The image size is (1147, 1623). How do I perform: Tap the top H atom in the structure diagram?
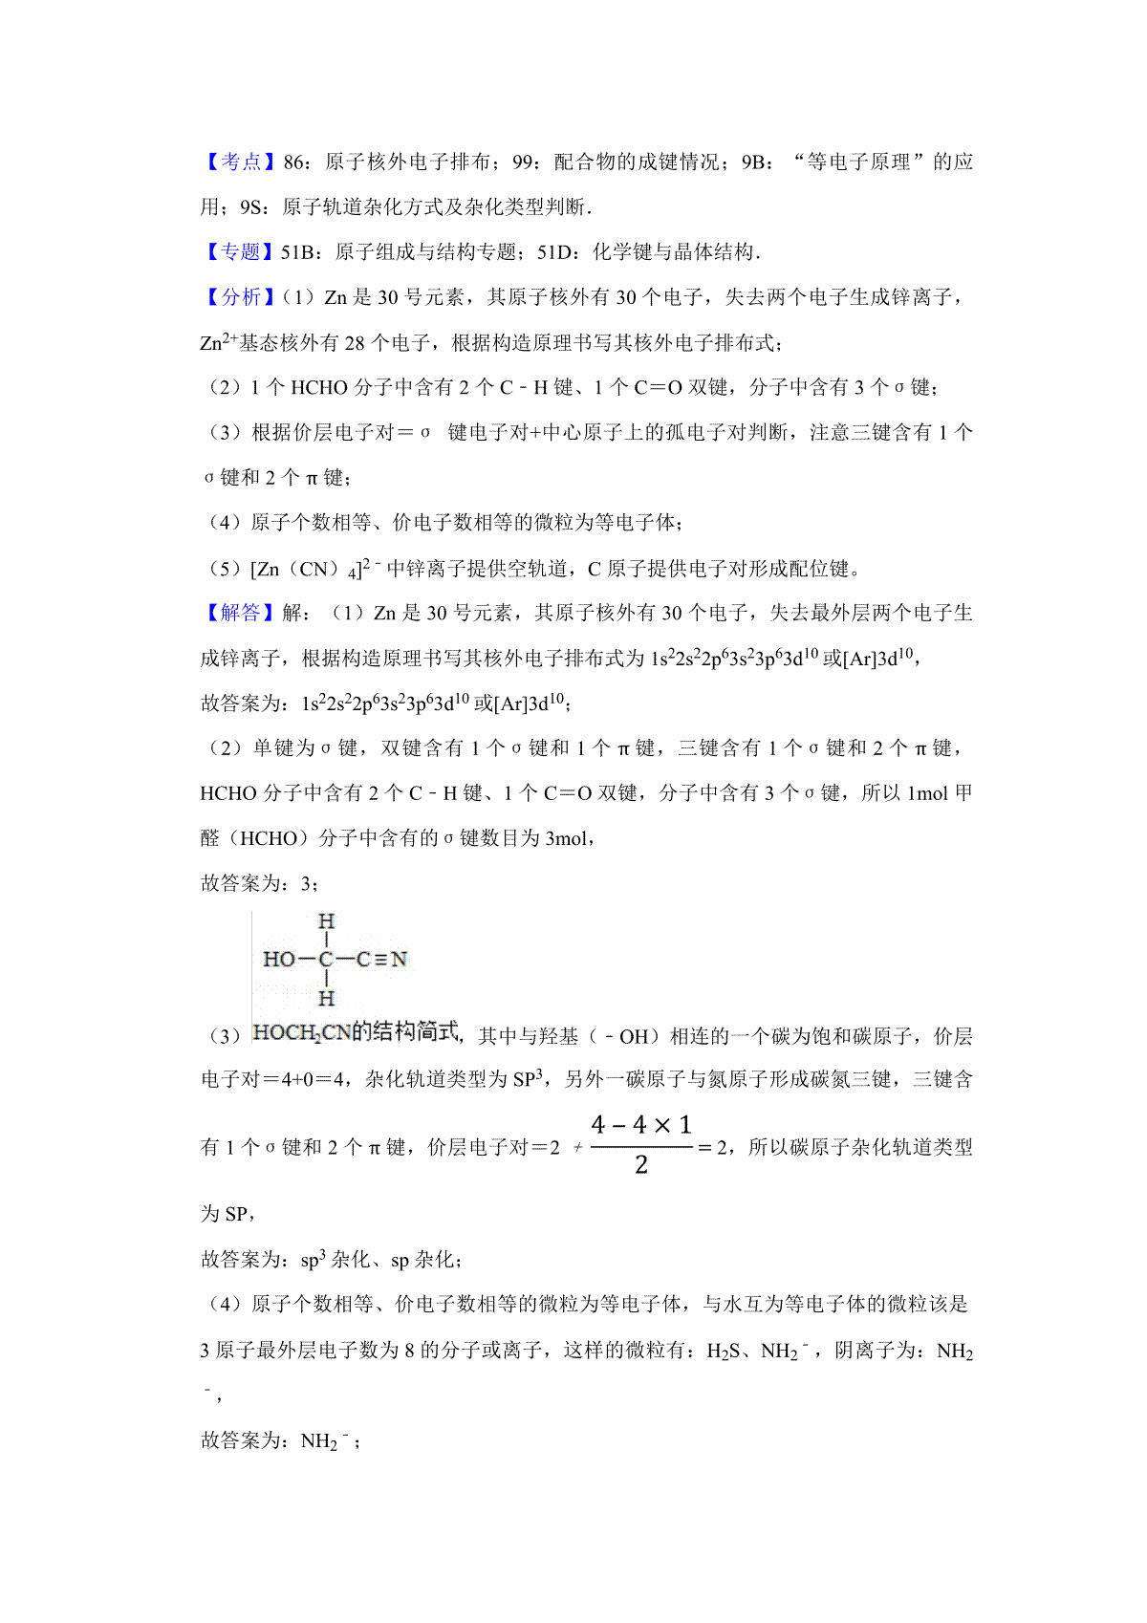pos(326,921)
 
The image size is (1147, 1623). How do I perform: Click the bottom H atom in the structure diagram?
pos(326,999)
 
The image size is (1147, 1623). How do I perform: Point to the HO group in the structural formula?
pos(278,959)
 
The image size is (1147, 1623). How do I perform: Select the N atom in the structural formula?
pos(399,959)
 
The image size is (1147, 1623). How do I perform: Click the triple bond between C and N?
pos(380,959)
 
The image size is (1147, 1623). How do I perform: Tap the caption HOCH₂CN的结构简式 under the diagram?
pos(356,1032)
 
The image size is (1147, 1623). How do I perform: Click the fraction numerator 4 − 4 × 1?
pos(640,1125)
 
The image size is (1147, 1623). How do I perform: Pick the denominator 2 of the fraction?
pos(640,1165)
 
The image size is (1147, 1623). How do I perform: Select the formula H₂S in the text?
pos(727,1352)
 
